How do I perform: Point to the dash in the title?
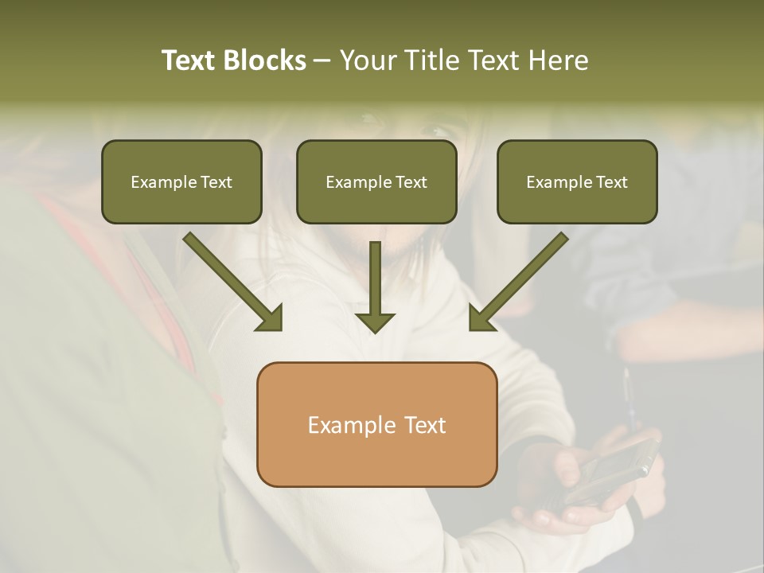click(322, 61)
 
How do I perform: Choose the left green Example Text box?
click(181, 181)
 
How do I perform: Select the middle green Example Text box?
click(376, 181)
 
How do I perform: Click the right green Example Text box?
click(577, 181)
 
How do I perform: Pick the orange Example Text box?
click(376, 424)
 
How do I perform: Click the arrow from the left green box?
click(231, 280)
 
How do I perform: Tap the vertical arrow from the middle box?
click(375, 286)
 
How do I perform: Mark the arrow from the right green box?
click(521, 280)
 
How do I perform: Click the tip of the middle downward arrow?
click(375, 329)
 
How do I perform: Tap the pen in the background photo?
click(629, 398)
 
